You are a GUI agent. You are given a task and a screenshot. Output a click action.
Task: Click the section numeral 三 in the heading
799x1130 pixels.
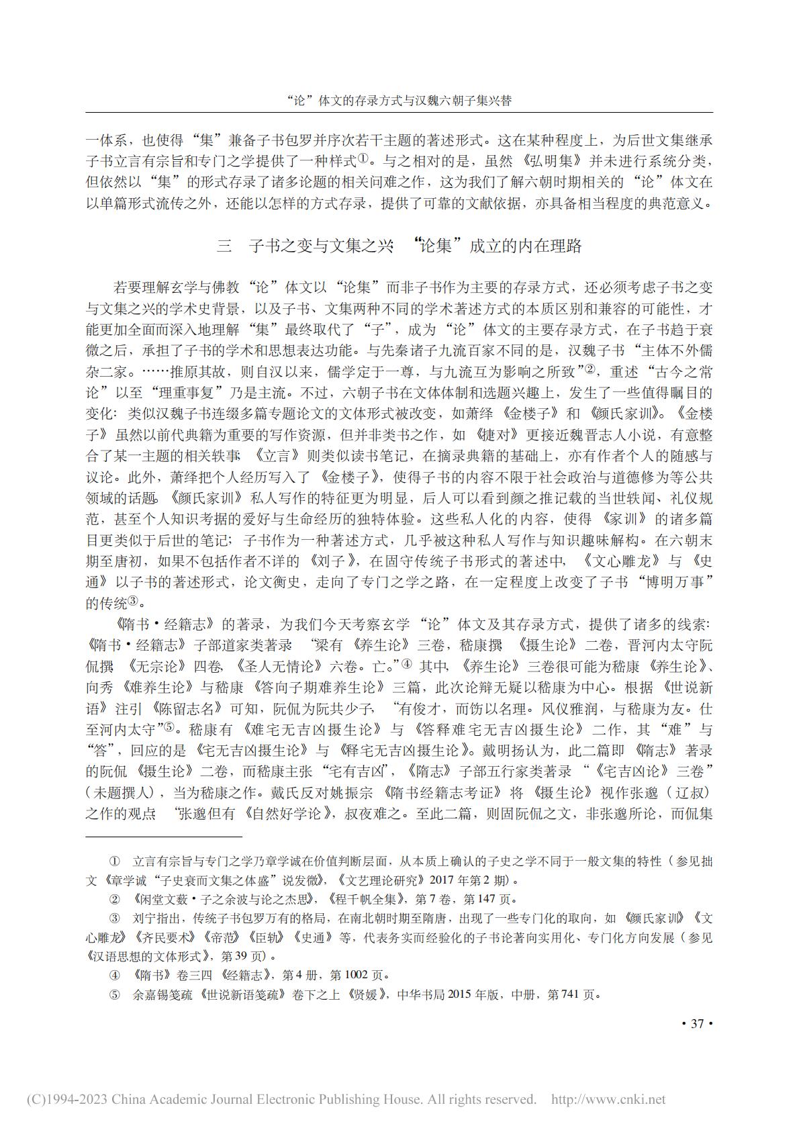[224, 246]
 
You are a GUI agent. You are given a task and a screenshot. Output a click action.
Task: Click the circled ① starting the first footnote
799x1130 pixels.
[114, 861]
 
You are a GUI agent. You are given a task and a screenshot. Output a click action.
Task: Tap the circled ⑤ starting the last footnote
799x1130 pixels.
[114, 995]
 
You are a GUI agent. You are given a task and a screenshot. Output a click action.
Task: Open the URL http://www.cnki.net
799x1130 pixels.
[608, 1099]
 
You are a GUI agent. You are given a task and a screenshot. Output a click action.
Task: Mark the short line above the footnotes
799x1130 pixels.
[164, 837]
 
